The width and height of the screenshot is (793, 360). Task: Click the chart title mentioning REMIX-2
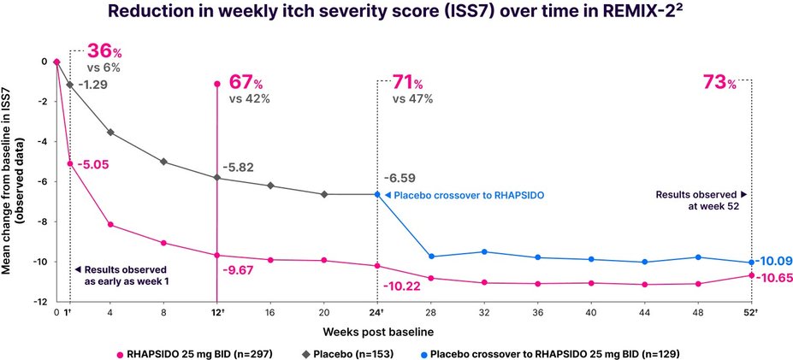tap(395, 15)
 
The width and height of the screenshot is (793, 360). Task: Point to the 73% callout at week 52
tap(719, 82)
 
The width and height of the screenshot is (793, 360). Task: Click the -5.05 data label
tap(95, 164)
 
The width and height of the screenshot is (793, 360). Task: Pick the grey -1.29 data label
tap(95, 86)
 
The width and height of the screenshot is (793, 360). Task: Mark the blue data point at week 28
tap(430, 257)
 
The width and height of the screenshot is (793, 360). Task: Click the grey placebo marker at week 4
tap(110, 133)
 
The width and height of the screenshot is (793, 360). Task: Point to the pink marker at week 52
tap(751, 275)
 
